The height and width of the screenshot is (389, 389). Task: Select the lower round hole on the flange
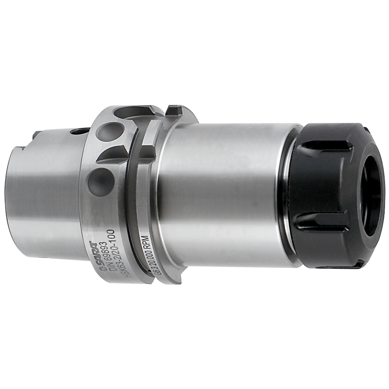pyautogui.click(x=101, y=181)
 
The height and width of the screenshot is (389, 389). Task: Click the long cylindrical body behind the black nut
pyautogui.click(x=226, y=194)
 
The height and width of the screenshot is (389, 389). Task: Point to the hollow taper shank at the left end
pyautogui.click(x=43, y=194)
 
